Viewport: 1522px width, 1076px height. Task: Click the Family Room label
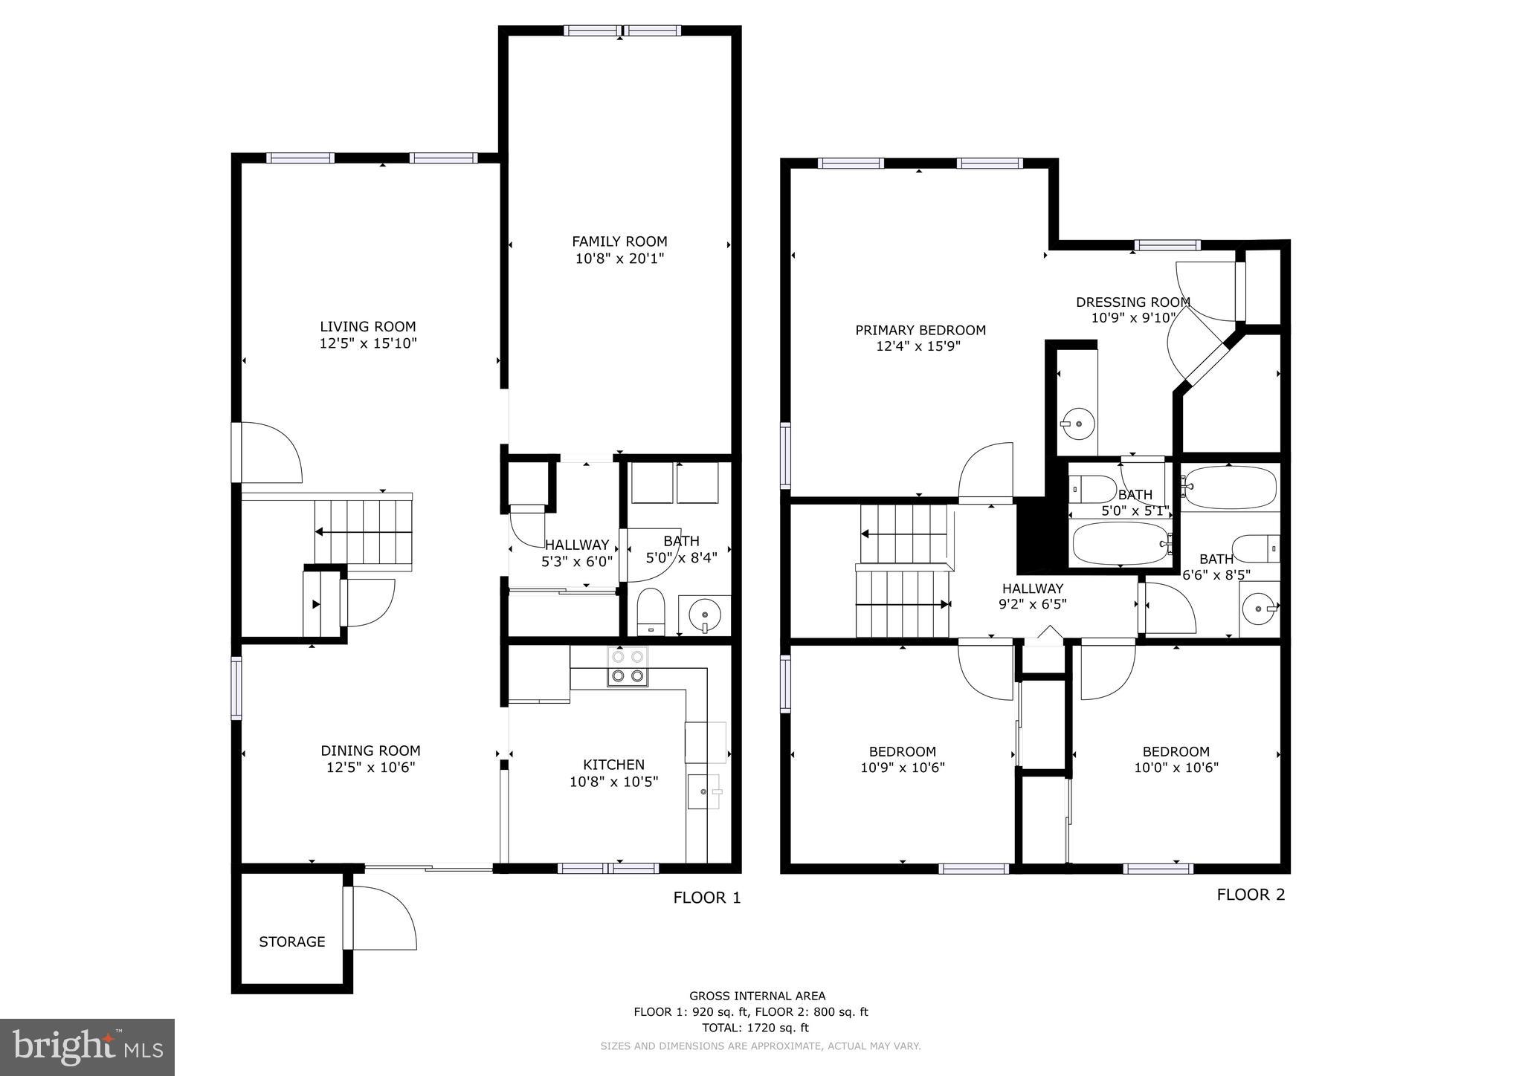point(619,242)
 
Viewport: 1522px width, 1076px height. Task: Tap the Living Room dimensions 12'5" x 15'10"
point(368,343)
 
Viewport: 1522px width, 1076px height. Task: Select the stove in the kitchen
point(628,667)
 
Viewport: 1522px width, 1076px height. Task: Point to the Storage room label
point(291,942)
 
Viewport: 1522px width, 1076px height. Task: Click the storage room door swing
point(383,918)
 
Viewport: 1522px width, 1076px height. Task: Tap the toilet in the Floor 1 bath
point(651,611)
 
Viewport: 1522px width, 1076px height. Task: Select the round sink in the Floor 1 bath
point(704,615)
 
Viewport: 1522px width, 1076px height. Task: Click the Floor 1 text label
point(706,898)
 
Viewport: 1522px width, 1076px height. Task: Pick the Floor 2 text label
point(1251,895)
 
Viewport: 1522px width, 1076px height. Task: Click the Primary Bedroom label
point(920,330)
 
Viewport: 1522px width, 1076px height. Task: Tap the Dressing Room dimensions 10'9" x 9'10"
point(1133,318)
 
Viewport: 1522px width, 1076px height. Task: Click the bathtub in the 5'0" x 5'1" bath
point(1120,543)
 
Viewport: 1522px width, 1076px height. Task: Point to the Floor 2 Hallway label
point(1032,589)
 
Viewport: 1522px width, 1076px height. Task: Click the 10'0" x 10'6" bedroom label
point(1176,751)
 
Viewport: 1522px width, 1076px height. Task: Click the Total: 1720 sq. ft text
point(755,1028)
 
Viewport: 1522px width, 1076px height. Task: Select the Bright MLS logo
point(87,1047)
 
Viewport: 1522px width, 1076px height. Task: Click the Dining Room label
point(370,751)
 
